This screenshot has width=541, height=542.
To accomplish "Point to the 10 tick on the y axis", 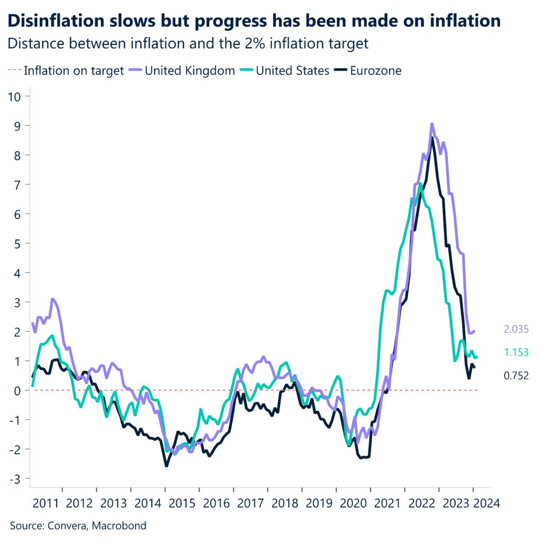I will (x=16, y=96).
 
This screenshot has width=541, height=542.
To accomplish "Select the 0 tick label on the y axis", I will (x=19, y=391).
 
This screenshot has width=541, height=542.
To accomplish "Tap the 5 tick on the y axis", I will (x=19, y=243).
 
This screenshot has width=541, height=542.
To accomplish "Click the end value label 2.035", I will (x=516, y=329).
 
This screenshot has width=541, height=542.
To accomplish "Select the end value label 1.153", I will (x=516, y=353).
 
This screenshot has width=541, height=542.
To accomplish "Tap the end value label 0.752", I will (x=516, y=376).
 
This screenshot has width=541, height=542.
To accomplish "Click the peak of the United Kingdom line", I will (x=432, y=124).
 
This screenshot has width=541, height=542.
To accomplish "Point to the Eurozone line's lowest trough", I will (x=166, y=466).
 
